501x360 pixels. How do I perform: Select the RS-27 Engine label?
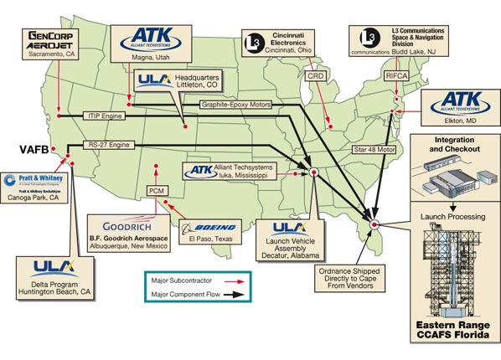pos(111,145)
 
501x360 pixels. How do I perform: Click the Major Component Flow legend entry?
pos(193,296)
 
